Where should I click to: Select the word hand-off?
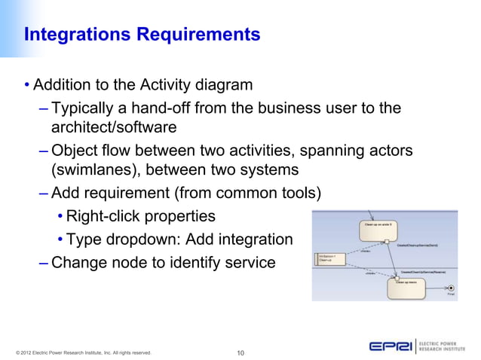tap(157, 108)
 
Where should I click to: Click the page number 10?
tap(242, 352)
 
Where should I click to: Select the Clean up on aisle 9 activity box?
tap(376, 229)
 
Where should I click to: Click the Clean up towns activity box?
tap(408, 286)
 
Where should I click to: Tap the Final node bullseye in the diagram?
tap(451, 288)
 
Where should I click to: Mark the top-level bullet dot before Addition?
tap(26, 84)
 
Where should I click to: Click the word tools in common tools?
tap(301, 193)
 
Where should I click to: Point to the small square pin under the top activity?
tap(387, 242)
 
